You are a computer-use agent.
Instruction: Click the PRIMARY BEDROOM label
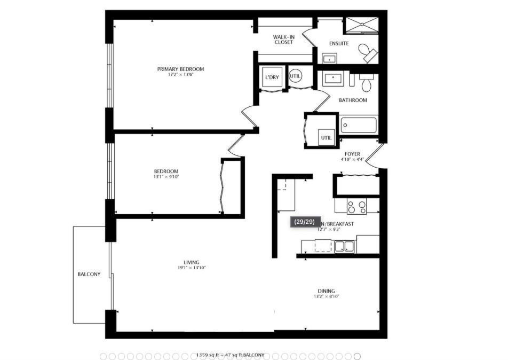click(180, 69)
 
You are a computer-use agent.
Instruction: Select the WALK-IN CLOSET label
click(283, 40)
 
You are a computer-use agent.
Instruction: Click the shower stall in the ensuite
click(361, 25)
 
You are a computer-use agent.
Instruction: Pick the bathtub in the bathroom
click(359, 126)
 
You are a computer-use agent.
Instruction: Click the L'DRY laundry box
click(272, 77)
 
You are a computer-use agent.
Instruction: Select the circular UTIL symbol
click(295, 76)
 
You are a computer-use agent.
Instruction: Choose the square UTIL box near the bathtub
click(326, 137)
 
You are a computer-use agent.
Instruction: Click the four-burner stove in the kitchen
click(357, 206)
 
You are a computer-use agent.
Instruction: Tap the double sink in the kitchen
click(345, 247)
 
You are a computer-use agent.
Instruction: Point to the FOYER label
click(352, 154)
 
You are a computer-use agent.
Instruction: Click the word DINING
click(326, 291)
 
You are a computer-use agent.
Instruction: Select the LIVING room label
click(191, 262)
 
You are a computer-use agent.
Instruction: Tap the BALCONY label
click(89, 275)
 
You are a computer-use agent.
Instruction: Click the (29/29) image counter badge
click(305, 222)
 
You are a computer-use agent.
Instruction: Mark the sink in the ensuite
click(330, 59)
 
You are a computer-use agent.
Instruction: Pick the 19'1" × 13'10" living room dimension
click(191, 268)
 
